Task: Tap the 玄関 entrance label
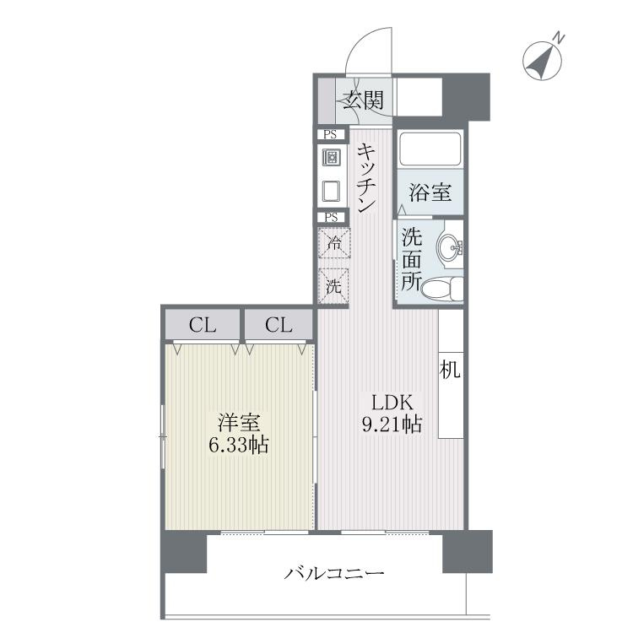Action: point(364,101)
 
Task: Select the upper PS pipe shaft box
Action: point(332,134)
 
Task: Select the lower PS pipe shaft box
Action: point(332,217)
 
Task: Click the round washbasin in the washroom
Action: point(450,247)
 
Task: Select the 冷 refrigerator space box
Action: point(334,245)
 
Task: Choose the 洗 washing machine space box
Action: point(334,285)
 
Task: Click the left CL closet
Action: point(202,324)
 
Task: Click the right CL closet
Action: point(278,324)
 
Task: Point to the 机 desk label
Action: point(450,370)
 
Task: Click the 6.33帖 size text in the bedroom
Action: point(239,445)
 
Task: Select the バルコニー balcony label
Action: point(334,575)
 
